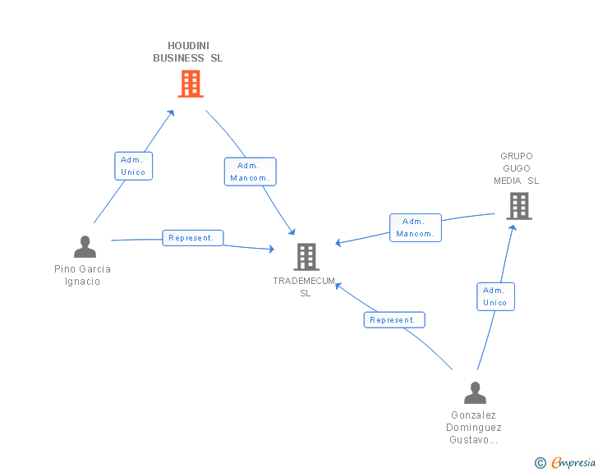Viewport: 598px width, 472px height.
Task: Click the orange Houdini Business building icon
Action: pyautogui.click(x=191, y=84)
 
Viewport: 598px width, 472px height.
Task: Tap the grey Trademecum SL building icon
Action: pyautogui.click(x=306, y=257)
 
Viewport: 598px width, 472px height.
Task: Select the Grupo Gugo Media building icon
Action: pyautogui.click(x=519, y=206)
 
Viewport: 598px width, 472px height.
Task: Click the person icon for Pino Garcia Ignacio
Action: pyautogui.click(x=85, y=247)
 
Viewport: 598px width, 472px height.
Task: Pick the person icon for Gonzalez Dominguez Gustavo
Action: pyautogui.click(x=475, y=393)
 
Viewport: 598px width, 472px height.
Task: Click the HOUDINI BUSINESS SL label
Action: pyautogui.click(x=188, y=52)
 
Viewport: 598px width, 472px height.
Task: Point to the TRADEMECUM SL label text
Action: pyautogui.click(x=305, y=286)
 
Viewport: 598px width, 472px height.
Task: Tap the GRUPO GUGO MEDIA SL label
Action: pyautogui.click(x=517, y=168)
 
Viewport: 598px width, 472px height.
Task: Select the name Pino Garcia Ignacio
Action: pyautogui.click(x=82, y=275)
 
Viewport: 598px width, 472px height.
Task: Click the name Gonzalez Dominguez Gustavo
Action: pyautogui.click(x=474, y=428)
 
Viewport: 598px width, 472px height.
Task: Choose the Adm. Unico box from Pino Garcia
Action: pyautogui.click(x=133, y=166)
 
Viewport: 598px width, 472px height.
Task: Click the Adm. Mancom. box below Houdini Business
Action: pyautogui.click(x=251, y=172)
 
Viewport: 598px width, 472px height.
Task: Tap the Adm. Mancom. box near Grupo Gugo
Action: pyautogui.click(x=415, y=227)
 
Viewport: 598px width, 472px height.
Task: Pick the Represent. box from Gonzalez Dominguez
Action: pyautogui.click(x=394, y=320)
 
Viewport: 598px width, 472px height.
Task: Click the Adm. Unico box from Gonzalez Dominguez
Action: pyautogui.click(x=495, y=296)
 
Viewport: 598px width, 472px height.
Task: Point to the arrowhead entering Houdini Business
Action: pyautogui.click(x=172, y=112)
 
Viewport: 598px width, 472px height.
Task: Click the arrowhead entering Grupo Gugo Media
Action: pyautogui.click(x=513, y=227)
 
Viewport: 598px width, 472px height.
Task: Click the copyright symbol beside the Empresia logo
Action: pyautogui.click(x=540, y=463)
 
